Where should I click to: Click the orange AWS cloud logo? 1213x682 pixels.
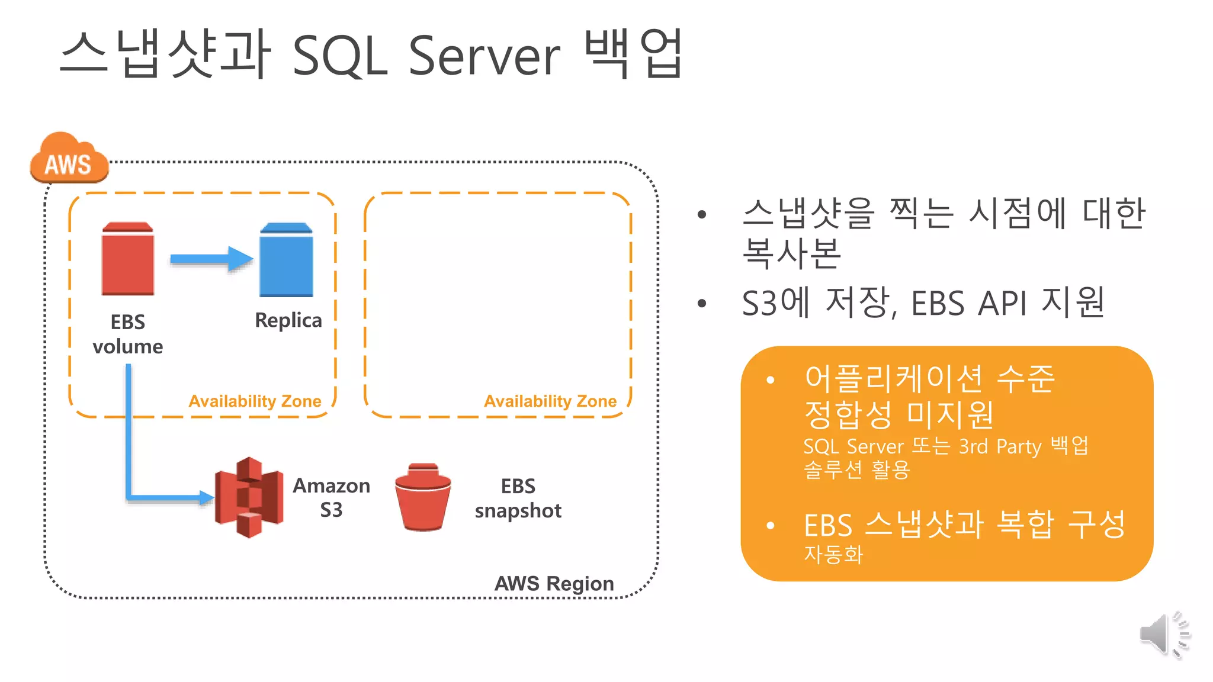(69, 159)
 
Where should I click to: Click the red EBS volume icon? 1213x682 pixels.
(128, 259)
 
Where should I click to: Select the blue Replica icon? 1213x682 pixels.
(286, 260)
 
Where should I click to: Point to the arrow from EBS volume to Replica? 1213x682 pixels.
(211, 259)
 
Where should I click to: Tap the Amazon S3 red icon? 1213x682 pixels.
(249, 497)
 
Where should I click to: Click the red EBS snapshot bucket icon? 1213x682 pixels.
(423, 497)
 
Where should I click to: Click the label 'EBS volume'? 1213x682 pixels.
(128, 334)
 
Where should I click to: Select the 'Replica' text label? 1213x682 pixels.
(288, 320)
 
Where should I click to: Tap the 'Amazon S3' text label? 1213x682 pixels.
(331, 497)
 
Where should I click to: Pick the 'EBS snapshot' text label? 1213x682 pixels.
(518, 498)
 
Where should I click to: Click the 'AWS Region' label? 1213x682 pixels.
(554, 584)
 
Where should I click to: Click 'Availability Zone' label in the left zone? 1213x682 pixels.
(255, 401)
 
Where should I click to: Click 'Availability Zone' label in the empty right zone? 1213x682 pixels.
(550, 401)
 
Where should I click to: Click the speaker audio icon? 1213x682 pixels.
(1164, 635)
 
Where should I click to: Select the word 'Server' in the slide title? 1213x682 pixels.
(484, 56)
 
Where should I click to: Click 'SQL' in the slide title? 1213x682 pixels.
(340, 57)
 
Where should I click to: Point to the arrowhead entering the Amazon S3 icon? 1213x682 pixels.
(206, 497)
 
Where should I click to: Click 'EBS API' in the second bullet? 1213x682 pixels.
(968, 304)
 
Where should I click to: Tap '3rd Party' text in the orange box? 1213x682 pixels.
(1000, 446)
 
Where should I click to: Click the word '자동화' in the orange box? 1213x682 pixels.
(833, 554)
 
